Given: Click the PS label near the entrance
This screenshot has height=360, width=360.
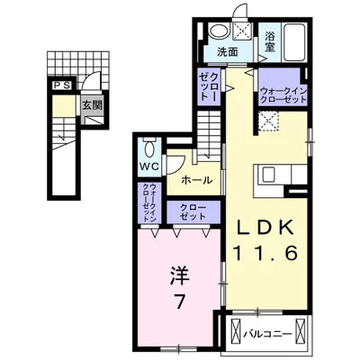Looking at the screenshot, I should point(60,85).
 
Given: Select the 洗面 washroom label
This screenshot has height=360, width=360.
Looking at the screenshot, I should point(227,52).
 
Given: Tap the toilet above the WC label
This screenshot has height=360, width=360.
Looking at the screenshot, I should point(149,148).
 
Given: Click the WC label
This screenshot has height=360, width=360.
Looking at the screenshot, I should point(148,168).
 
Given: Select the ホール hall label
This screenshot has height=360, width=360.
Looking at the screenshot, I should point(196,180).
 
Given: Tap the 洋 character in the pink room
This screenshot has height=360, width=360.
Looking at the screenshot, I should point(180,273).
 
